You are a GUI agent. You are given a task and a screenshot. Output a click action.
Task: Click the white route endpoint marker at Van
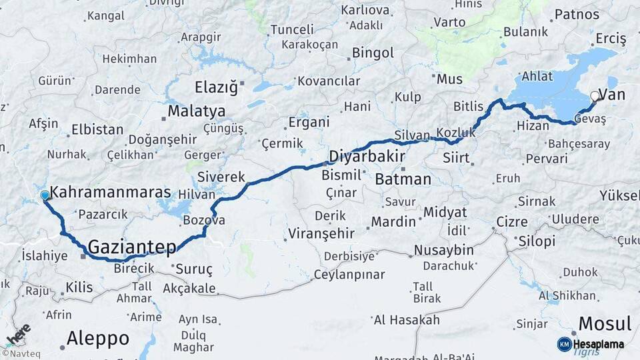[x=595, y=96]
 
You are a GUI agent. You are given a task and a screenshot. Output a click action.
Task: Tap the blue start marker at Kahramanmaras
[x=45, y=195]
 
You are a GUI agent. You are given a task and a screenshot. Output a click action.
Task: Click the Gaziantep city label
[x=132, y=247]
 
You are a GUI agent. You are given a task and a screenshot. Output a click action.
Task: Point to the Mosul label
[x=604, y=324]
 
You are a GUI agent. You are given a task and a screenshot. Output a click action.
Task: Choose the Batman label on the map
[x=403, y=179]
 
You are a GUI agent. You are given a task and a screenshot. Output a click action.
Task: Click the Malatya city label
[x=196, y=111]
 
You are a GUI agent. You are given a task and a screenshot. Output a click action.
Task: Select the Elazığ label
[x=215, y=87]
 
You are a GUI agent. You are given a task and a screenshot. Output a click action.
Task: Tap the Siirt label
[x=457, y=159]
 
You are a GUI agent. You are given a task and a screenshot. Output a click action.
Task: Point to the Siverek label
[x=221, y=177]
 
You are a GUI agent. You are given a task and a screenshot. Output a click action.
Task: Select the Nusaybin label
[x=443, y=251]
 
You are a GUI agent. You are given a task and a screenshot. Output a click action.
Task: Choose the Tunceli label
[x=291, y=30]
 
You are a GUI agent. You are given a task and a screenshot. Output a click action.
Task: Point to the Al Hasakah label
[x=407, y=320]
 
